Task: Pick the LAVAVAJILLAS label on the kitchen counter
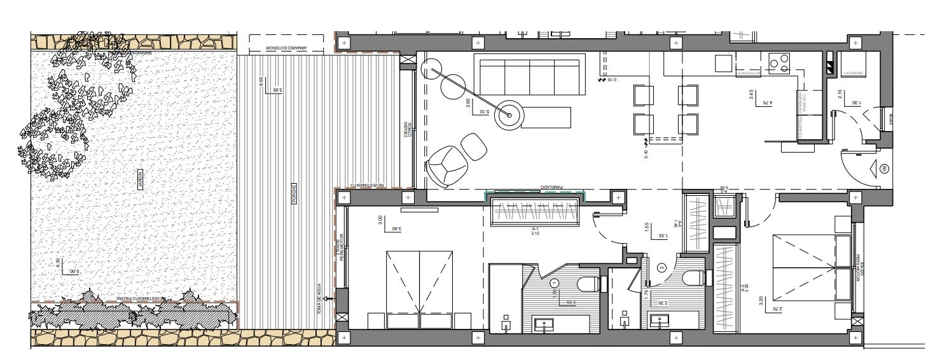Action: click(749, 74)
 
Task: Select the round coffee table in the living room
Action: click(509, 115)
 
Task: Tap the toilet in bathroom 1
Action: click(588, 282)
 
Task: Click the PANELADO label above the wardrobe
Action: click(551, 187)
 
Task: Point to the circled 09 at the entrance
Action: click(884, 169)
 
